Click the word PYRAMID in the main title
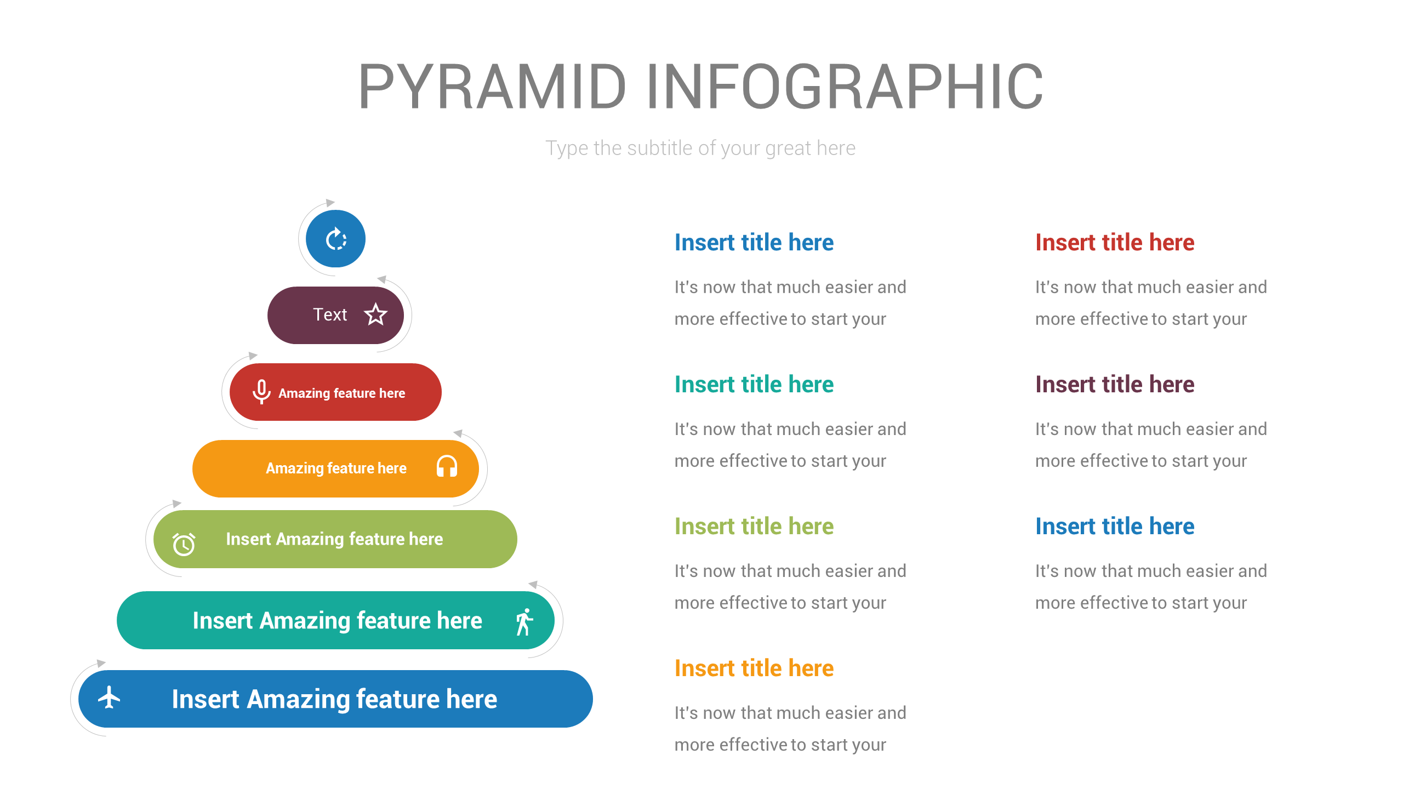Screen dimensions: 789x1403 (492, 87)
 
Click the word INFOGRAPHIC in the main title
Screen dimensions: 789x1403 (845, 87)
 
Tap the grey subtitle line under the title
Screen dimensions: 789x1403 (700, 148)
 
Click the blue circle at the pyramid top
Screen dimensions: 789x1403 (335, 239)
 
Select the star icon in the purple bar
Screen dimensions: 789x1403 (375, 315)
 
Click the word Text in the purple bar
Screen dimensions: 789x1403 (330, 315)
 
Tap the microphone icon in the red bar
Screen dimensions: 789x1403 (261, 392)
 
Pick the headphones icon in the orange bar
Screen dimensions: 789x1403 (447, 467)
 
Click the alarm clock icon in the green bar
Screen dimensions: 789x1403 (184, 544)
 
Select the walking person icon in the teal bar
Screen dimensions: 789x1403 (524, 622)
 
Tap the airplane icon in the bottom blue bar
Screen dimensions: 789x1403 (109, 697)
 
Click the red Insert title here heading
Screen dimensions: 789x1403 (1114, 242)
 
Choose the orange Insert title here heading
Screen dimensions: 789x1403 (754, 668)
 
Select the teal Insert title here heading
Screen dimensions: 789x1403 (754, 384)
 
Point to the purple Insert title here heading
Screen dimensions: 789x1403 (1114, 384)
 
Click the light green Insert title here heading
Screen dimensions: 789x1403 (754, 526)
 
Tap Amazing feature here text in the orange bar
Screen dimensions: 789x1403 (336, 468)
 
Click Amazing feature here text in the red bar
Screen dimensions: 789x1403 (341, 393)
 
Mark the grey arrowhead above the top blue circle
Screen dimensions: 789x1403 (330, 203)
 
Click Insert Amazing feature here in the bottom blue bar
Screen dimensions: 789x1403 (334, 699)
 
